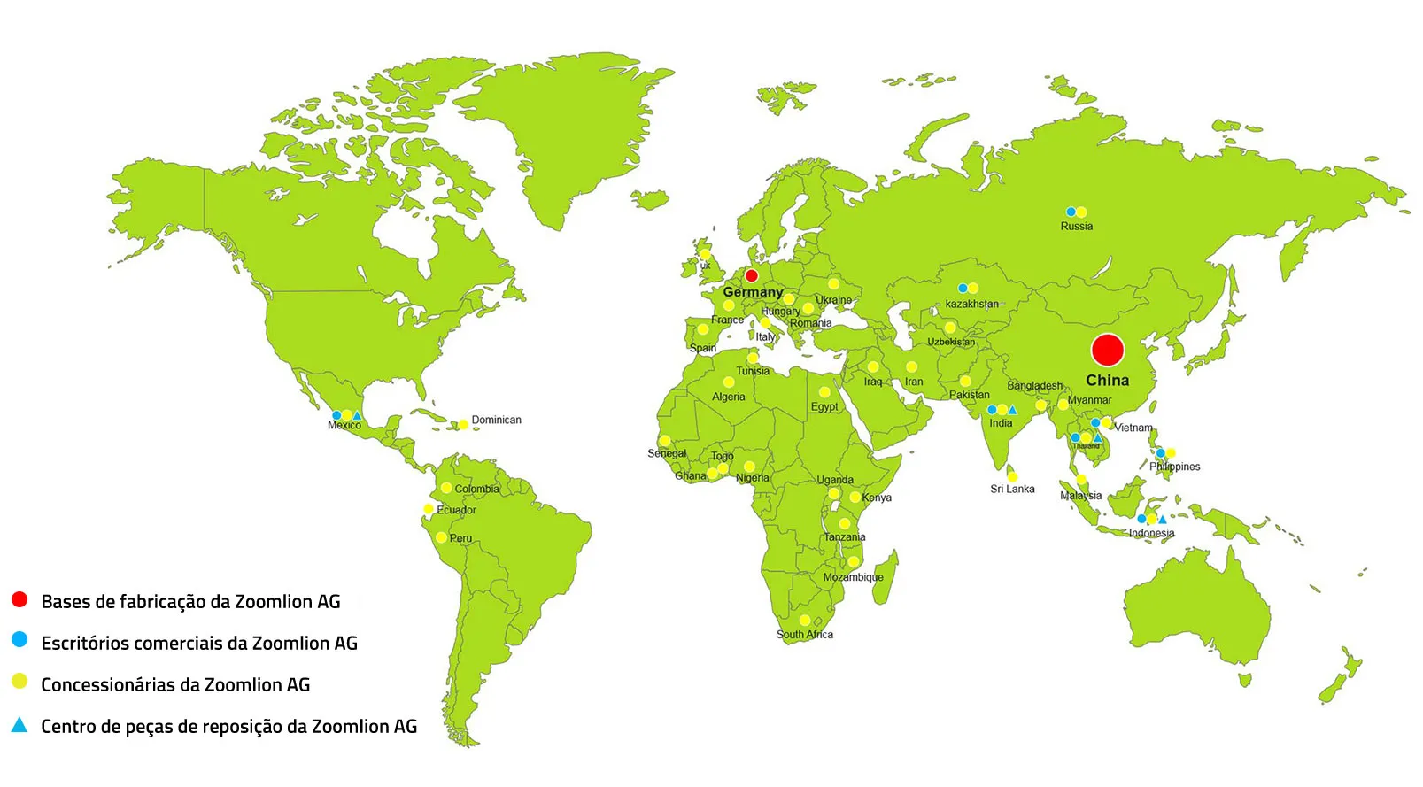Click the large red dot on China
1107,351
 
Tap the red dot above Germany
751,275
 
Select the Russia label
1076,227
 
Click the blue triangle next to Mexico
357,415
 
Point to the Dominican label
496,420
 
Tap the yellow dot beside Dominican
462,424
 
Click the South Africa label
804,634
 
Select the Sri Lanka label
1012,489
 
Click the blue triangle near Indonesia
1162,520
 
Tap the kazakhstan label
971,304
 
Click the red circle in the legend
19,599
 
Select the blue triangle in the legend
19,725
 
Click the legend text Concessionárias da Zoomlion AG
175,684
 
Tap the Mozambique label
853,577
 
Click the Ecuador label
456,510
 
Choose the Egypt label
824,406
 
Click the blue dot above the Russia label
1070,212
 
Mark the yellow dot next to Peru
441,537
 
